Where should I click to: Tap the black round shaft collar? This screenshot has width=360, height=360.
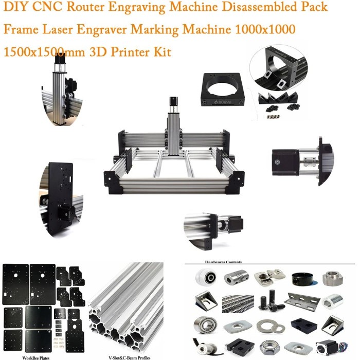(302, 279)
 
